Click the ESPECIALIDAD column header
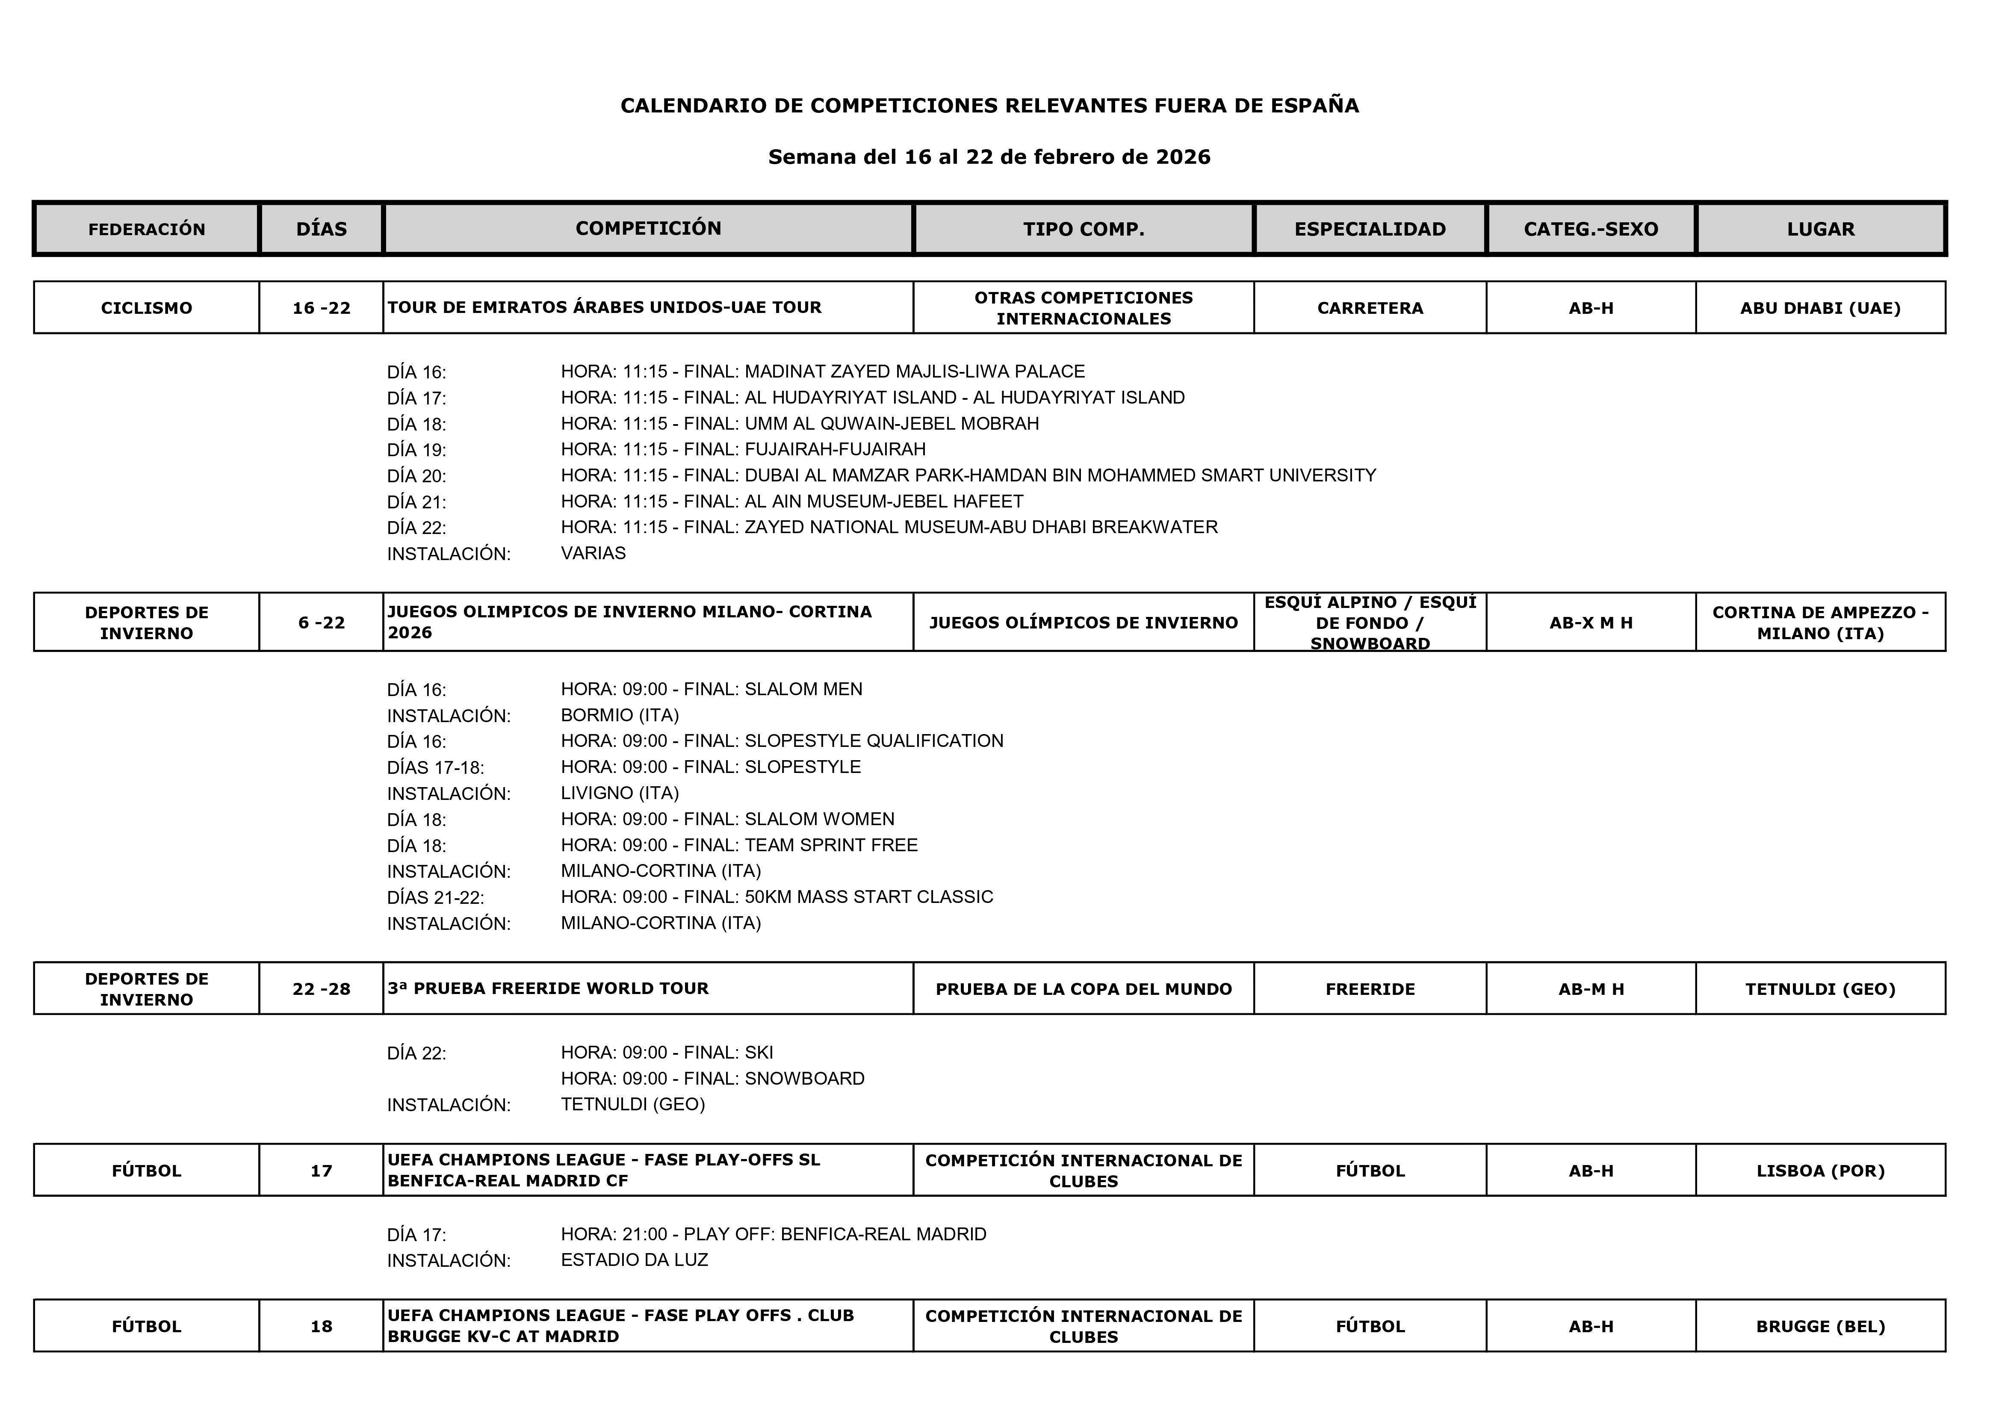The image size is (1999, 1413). (1370, 229)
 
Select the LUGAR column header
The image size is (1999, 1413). (1820, 229)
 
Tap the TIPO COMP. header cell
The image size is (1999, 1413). (1083, 229)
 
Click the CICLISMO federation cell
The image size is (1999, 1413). (146, 307)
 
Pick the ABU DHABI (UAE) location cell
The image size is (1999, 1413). (1820, 307)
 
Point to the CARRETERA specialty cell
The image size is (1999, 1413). (1370, 307)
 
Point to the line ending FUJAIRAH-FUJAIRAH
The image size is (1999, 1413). (743, 449)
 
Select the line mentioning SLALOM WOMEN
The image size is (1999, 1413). (727, 819)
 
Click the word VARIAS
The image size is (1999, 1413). (593, 553)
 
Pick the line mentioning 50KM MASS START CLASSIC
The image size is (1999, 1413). (777, 897)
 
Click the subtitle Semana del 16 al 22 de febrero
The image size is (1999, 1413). (989, 157)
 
